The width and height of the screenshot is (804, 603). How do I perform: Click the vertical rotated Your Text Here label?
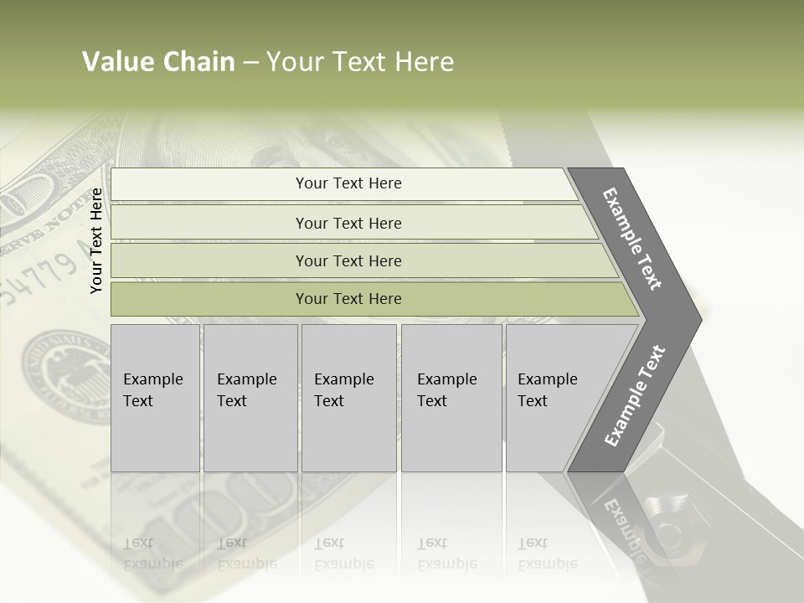click(x=96, y=240)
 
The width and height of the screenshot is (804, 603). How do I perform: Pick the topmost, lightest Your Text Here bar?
click(x=348, y=183)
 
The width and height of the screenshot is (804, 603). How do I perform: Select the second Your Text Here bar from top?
click(x=348, y=223)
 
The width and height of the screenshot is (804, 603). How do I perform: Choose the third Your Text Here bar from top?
click(x=348, y=260)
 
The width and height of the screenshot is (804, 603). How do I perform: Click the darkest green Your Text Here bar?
click(x=348, y=299)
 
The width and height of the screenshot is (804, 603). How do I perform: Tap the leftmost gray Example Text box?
click(x=155, y=398)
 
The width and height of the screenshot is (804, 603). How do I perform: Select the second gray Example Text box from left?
click(x=250, y=398)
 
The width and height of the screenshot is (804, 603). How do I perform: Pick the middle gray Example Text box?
click(x=348, y=398)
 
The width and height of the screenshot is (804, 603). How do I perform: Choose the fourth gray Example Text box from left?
click(x=451, y=398)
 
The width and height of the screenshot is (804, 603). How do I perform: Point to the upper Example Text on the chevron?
click(x=633, y=239)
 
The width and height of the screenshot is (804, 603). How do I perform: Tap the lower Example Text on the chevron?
click(x=635, y=395)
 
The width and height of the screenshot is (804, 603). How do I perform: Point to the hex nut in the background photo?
click(x=666, y=532)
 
